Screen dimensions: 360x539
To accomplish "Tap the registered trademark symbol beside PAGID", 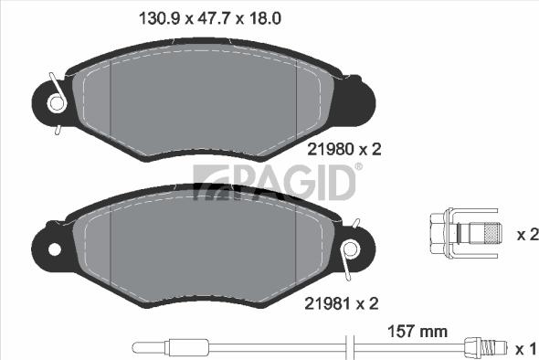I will (x=358, y=167).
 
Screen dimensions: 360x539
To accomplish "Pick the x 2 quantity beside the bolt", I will (x=526, y=235).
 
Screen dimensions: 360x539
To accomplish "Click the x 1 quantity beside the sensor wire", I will (x=526, y=348).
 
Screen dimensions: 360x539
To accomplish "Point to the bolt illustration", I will (x=465, y=235).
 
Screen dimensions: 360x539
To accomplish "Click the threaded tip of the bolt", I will (x=491, y=235).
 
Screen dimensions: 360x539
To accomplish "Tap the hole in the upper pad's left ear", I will (x=57, y=103).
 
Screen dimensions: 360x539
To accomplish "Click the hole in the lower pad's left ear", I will (x=53, y=249).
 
